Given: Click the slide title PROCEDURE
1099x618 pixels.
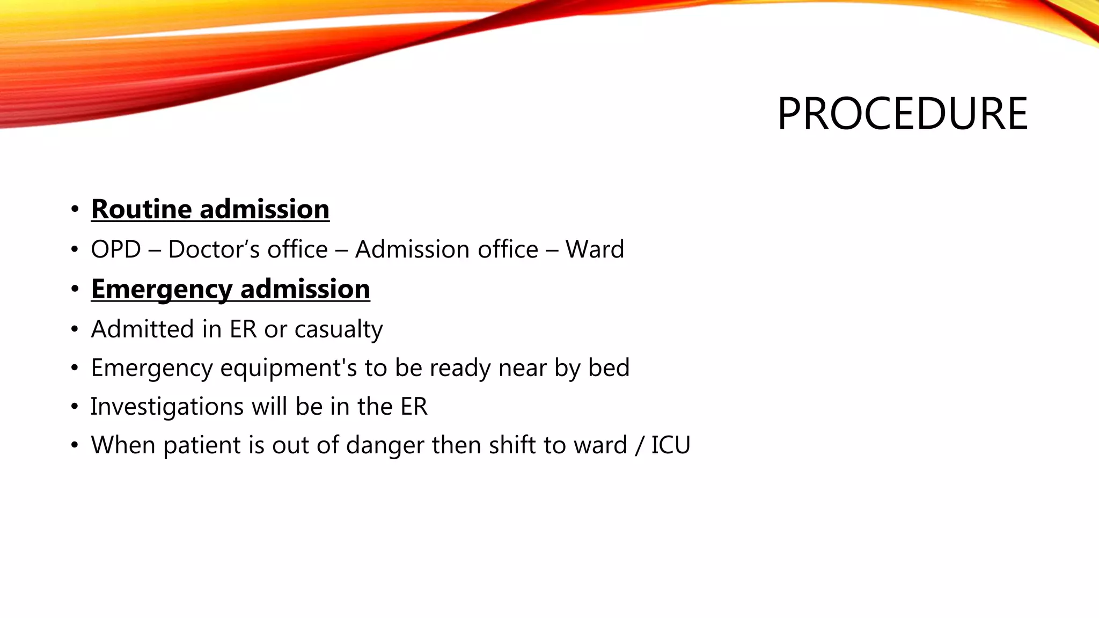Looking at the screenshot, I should click(902, 114).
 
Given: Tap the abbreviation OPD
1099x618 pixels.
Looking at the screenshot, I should click(116, 249).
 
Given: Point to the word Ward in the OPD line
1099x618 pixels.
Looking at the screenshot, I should click(595, 249).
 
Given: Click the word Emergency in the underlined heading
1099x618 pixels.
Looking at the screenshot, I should click(162, 289).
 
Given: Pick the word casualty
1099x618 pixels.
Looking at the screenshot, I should click(339, 329).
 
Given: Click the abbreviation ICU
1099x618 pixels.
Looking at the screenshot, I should click(671, 445).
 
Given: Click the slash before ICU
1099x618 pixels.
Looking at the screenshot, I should click(639, 445).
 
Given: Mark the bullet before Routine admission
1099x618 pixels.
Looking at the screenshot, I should click(75, 209).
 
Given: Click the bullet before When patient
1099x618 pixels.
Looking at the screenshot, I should click(75, 446).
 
